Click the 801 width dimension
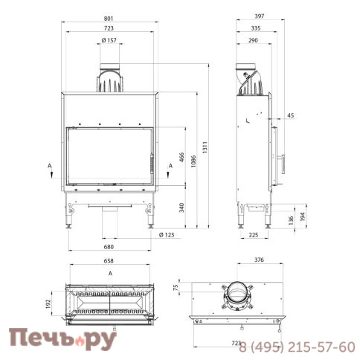(109, 19)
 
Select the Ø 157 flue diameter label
(109, 40)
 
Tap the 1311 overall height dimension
(205, 147)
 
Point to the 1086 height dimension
(193, 161)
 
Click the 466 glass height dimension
(181, 157)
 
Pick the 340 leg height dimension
(181, 208)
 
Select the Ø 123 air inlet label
(167, 235)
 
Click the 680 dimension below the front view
(109, 247)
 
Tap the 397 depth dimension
(260, 16)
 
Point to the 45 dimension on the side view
(291, 115)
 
